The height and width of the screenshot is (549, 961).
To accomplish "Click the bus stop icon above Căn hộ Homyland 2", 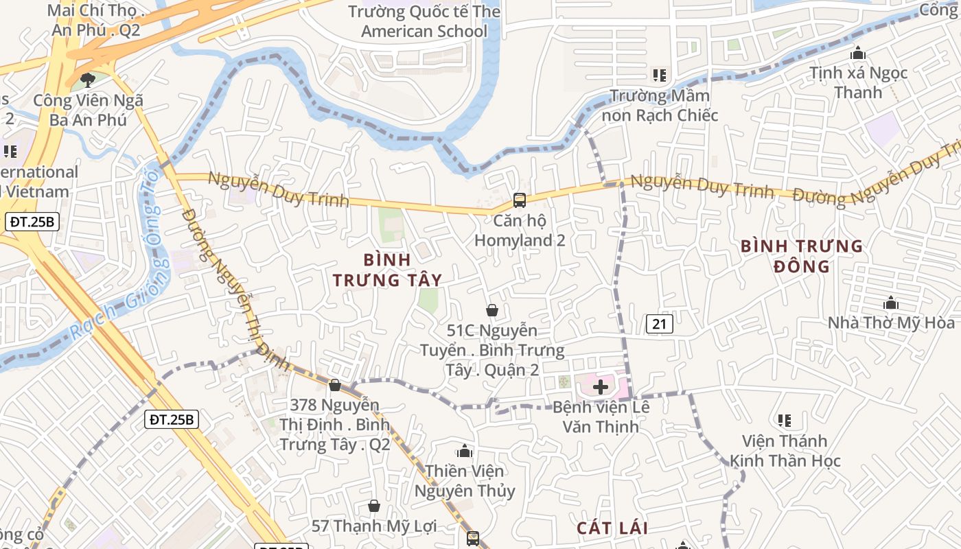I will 520,200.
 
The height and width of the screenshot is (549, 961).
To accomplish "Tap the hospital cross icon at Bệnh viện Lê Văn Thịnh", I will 601,387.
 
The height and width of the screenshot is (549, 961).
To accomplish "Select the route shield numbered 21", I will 659,324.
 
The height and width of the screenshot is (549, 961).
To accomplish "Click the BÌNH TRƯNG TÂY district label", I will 387,270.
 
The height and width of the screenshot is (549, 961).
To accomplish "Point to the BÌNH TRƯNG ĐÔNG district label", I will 802,256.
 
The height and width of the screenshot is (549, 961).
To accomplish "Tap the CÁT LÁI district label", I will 612,528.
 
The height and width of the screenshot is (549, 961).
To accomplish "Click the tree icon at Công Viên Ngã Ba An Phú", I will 87,80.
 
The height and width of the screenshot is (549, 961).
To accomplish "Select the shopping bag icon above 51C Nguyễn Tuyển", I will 491,310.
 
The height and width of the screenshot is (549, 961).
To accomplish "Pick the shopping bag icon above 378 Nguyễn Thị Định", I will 335,385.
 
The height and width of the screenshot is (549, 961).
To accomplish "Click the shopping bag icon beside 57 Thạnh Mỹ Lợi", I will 374,506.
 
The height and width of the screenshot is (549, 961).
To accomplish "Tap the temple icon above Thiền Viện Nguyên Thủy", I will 465,451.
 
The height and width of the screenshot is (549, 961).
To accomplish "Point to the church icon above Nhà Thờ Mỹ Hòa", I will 891,303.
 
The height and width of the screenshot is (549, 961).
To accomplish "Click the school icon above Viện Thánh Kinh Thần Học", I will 785,420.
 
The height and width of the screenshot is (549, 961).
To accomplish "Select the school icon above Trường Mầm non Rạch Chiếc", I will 660,75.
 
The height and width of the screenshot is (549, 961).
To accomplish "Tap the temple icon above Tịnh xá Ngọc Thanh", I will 857,53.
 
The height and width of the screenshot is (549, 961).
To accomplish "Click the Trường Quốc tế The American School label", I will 424,21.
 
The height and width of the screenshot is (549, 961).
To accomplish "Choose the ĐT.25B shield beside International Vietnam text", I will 33,222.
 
